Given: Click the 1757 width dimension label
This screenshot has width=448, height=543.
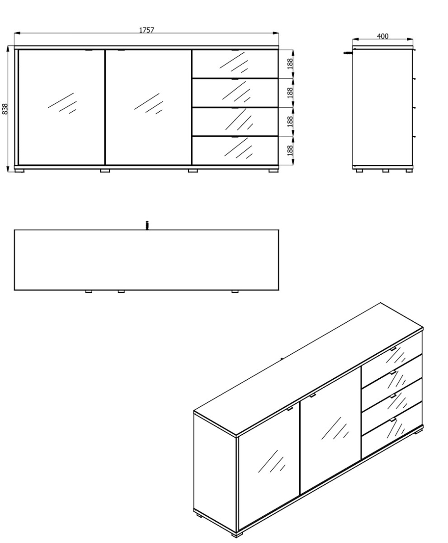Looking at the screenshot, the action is click(x=146, y=30).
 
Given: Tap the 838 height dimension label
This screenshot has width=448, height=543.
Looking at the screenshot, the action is click(x=5, y=109).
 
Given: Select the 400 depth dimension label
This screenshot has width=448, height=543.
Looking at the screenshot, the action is click(x=382, y=36).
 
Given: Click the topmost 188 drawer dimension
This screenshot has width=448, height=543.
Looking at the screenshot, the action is click(x=290, y=64).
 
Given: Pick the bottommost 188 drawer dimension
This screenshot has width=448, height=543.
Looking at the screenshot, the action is click(x=290, y=150).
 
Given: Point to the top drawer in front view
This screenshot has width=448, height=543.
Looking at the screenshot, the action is click(x=235, y=64).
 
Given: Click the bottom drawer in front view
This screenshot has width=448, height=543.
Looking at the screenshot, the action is click(x=235, y=151).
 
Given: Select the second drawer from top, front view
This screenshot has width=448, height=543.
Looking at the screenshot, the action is click(x=235, y=93).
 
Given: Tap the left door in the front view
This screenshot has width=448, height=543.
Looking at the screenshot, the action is click(x=61, y=107).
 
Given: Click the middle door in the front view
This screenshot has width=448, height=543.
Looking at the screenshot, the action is click(x=148, y=107).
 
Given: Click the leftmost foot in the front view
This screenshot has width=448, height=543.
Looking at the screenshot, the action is click(x=19, y=171).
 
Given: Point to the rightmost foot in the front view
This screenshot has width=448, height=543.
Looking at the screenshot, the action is click(x=274, y=171).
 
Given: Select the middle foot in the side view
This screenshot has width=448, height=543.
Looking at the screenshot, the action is click(x=386, y=171).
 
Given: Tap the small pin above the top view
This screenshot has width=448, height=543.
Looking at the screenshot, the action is click(x=147, y=225).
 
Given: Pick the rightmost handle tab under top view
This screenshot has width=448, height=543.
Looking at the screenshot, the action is click(x=235, y=291).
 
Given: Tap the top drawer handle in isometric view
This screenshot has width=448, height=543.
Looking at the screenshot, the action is click(x=393, y=349).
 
